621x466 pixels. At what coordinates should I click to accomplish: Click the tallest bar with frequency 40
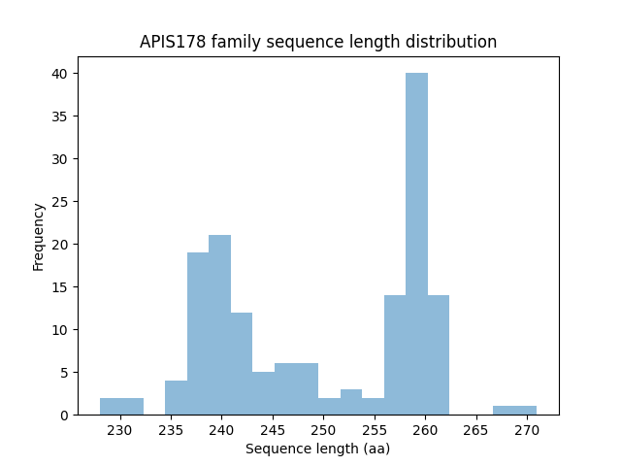(x=416, y=244)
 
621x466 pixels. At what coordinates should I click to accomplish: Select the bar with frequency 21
(x=219, y=325)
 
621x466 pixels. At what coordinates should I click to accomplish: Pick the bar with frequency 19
(x=198, y=334)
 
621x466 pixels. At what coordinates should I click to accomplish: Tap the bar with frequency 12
(x=242, y=364)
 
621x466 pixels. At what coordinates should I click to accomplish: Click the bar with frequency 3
(x=351, y=402)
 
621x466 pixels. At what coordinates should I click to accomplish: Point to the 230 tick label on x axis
(x=120, y=430)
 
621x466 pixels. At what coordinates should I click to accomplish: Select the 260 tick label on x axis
(x=425, y=430)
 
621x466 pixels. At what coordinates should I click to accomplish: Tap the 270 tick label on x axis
(x=527, y=430)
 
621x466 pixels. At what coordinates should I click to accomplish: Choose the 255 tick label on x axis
(x=375, y=430)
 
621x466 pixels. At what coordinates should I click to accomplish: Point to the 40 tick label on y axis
(x=58, y=74)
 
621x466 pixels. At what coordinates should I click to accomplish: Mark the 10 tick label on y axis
(x=58, y=330)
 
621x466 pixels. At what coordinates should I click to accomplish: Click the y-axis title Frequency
(x=39, y=236)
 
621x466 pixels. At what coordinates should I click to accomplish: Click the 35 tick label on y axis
(x=58, y=116)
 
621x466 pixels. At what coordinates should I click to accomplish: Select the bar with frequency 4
(x=176, y=398)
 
